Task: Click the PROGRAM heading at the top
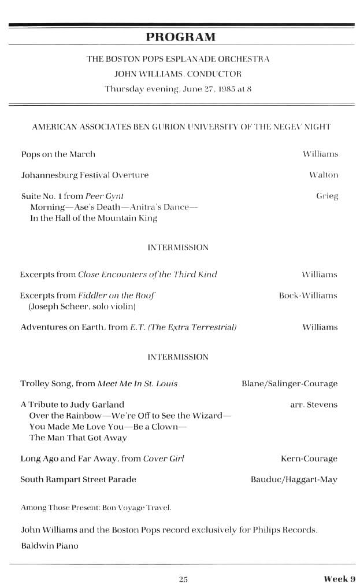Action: (x=180, y=38)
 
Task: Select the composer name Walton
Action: (x=324, y=175)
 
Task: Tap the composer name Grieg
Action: (x=327, y=196)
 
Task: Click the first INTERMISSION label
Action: (x=178, y=247)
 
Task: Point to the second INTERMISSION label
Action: (x=178, y=357)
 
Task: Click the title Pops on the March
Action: (x=58, y=154)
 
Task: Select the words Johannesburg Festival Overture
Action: (x=84, y=175)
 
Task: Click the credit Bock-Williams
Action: (x=308, y=295)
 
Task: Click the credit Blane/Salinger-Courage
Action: (x=290, y=383)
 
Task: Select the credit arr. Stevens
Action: (x=314, y=405)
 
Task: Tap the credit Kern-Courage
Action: (x=309, y=459)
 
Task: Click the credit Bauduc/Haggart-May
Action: (x=294, y=479)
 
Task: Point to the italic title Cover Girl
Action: (x=164, y=459)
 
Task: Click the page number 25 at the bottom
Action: (x=183, y=579)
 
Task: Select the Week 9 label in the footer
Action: (x=339, y=579)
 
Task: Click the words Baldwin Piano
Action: (x=49, y=545)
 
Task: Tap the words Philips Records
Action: (x=285, y=530)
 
